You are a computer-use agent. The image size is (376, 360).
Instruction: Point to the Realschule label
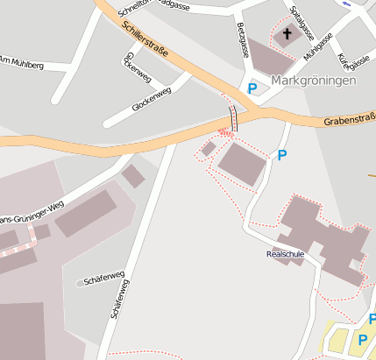pyautogui.click(x=285, y=254)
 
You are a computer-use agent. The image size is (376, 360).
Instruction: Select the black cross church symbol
pyautogui.click(x=286, y=35)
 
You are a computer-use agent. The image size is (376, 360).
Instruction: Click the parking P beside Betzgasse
pyautogui.click(x=252, y=88)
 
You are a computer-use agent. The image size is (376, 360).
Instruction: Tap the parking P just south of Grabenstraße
pyautogui.click(x=281, y=156)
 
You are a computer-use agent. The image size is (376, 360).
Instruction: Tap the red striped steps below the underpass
pyautogui.click(x=225, y=132)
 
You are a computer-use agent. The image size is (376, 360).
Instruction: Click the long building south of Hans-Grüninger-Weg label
pyautogui.click(x=86, y=214)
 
